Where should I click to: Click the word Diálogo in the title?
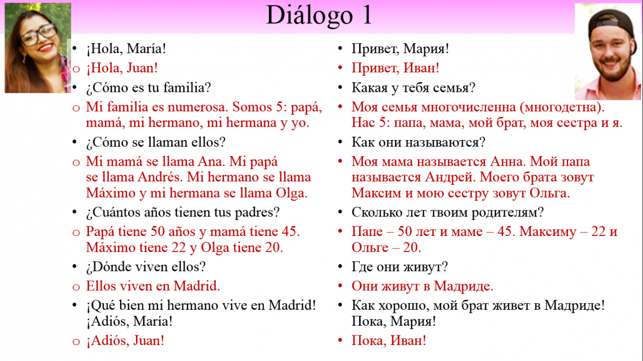click(x=309, y=16)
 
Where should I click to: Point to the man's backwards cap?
click(x=611, y=24)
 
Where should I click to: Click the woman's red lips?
click(x=46, y=47)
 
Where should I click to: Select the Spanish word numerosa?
click(x=197, y=107)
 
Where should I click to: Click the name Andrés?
click(x=160, y=177)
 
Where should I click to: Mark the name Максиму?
click(x=548, y=232)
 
